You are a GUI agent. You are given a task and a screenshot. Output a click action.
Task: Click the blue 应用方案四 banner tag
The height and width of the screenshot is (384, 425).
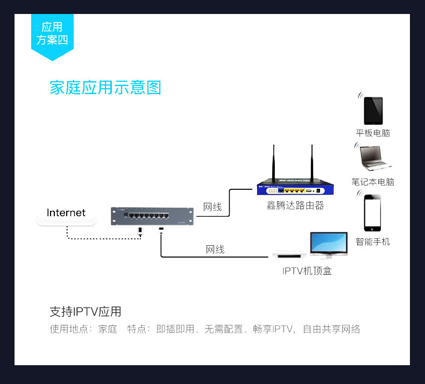52,34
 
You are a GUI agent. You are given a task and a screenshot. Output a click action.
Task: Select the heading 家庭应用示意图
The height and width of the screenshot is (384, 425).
105,87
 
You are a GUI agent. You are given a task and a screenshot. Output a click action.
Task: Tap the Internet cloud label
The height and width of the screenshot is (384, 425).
66,213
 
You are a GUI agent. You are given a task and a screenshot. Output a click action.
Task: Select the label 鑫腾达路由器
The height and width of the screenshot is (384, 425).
295,206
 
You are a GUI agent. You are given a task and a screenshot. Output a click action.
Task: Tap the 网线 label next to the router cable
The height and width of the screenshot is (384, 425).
212,207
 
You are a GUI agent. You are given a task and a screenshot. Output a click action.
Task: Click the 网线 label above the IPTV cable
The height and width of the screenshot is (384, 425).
215,249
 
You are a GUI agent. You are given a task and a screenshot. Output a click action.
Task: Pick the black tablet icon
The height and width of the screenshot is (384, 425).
373,111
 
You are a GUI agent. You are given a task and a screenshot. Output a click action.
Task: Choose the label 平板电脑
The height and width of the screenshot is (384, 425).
373,133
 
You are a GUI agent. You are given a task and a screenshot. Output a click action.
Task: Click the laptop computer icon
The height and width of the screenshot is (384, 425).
376,158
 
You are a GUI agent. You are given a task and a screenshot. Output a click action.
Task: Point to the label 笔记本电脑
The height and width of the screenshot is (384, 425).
373,182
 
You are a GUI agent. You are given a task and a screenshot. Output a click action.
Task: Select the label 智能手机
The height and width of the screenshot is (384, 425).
373,241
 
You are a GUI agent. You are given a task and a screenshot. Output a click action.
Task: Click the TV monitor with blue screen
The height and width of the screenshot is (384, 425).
328,243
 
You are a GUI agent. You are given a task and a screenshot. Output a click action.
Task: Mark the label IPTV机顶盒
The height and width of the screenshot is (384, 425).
307,271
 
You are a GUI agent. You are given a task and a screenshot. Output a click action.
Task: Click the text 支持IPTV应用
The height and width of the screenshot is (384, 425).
86,311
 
